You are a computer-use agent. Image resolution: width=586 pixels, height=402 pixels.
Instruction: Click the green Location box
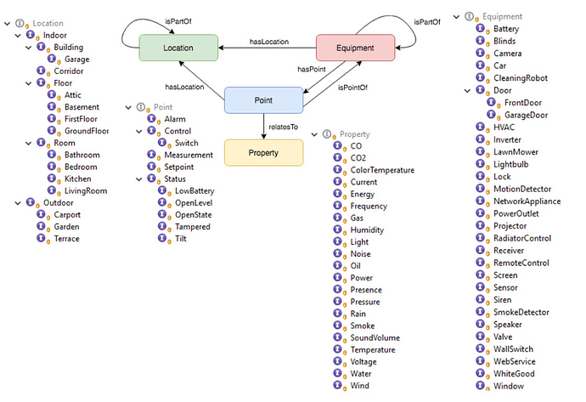(x=178, y=48)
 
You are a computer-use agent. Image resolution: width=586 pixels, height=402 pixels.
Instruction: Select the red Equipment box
(x=355, y=48)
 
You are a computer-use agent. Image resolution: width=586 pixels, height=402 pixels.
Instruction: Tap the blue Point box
(x=263, y=99)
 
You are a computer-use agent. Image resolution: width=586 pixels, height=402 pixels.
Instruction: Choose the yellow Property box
(x=263, y=152)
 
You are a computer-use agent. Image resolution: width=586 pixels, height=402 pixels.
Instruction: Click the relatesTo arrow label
(x=284, y=127)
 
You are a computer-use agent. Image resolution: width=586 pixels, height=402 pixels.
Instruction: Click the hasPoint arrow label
(x=312, y=70)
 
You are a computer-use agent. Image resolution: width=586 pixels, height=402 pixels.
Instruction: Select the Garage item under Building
(x=76, y=59)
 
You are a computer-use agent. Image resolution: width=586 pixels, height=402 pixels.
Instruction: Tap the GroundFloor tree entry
(x=87, y=132)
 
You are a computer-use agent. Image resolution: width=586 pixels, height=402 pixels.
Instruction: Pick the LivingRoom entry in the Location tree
(x=86, y=191)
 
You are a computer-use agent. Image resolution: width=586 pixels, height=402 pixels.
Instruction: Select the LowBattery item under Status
(x=194, y=191)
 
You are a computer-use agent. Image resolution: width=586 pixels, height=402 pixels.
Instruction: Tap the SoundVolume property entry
(x=375, y=337)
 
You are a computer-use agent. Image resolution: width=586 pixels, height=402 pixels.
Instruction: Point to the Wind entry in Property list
(x=360, y=386)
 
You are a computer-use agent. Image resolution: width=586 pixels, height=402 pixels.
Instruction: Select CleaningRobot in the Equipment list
(x=521, y=78)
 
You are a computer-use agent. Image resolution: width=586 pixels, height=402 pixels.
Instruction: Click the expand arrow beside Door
(x=466, y=90)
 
